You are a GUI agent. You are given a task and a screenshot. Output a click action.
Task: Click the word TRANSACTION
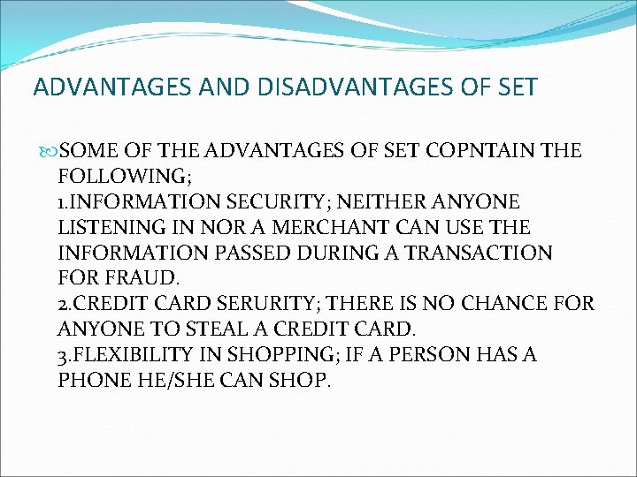tap(478, 254)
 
